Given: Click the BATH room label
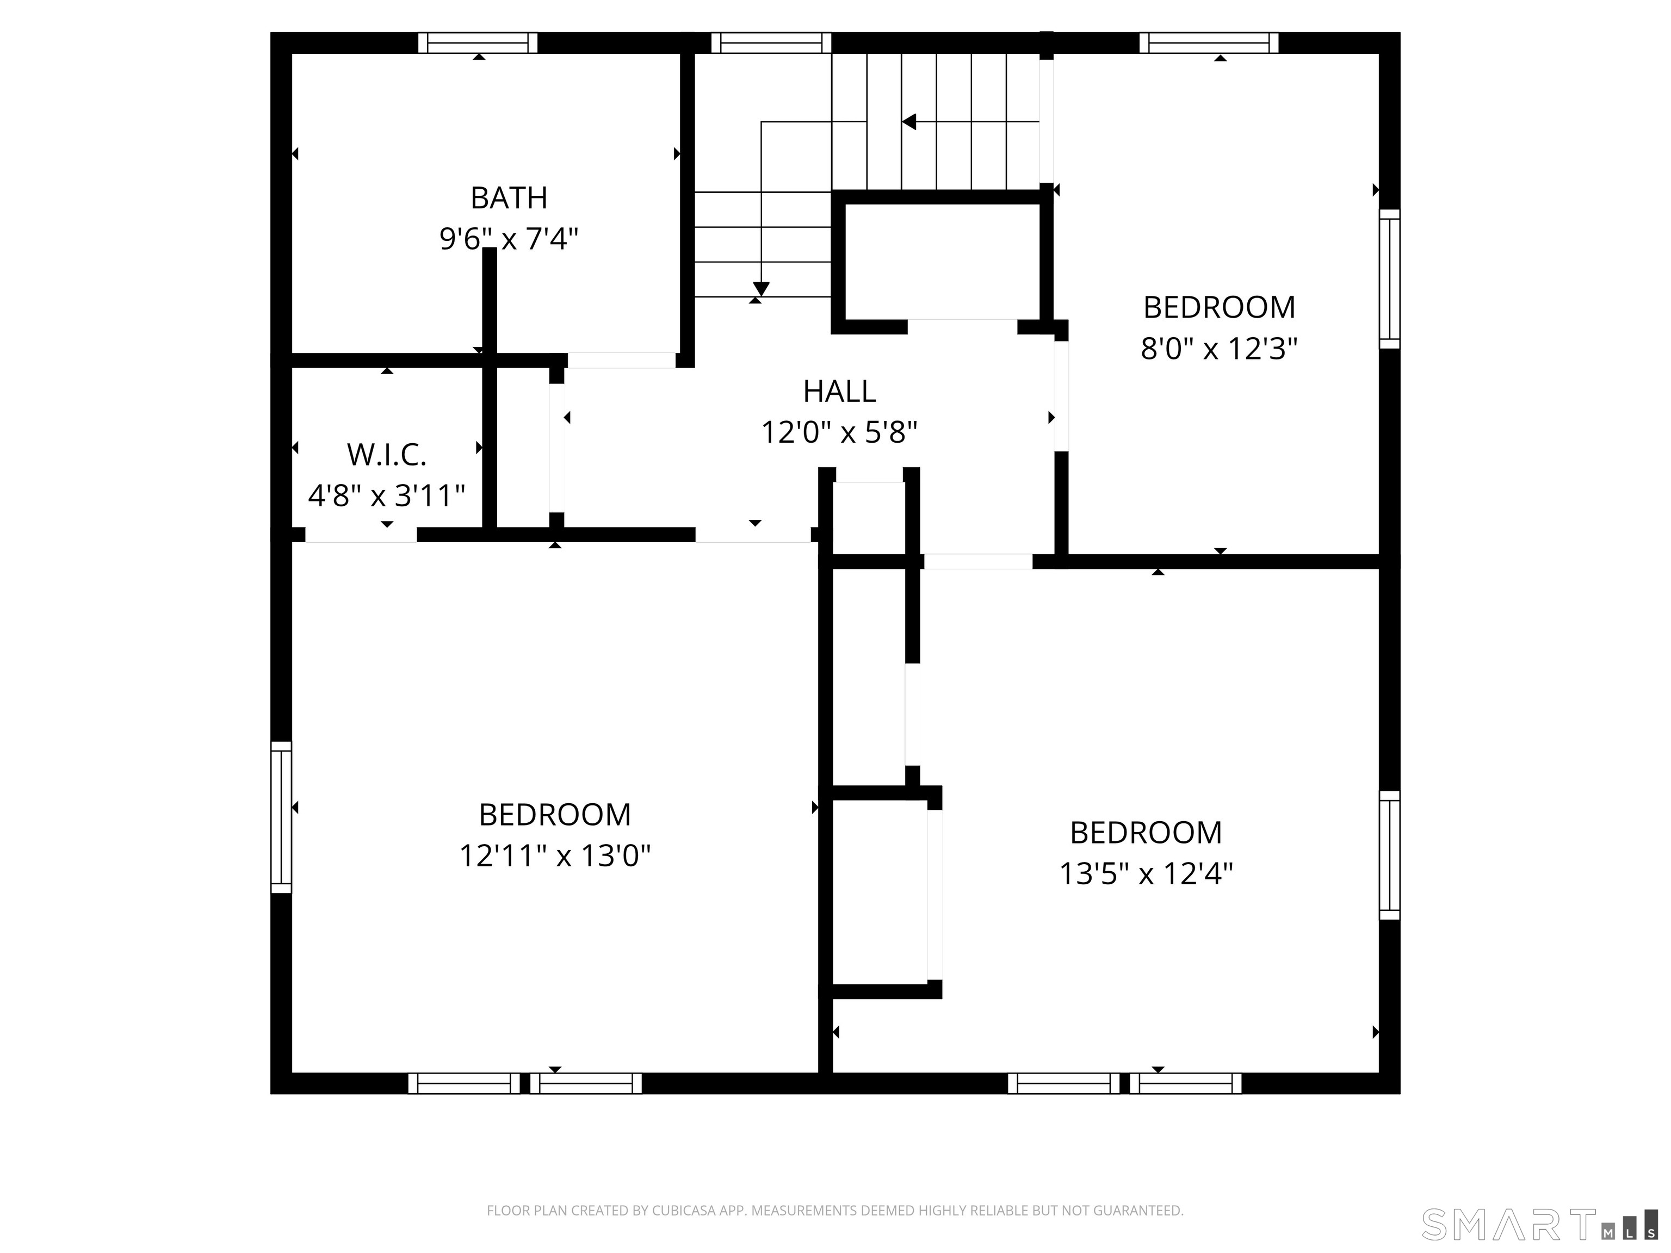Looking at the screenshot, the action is coord(509,198).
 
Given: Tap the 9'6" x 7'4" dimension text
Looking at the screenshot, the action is coord(509,239).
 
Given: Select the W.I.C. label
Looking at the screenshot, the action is coord(387,455).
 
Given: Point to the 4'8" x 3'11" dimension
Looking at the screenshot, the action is coord(386,496).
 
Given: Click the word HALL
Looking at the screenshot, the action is coord(839,391).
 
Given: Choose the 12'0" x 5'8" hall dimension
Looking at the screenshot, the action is coord(839,433).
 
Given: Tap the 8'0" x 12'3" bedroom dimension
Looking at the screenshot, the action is coord(1220,349).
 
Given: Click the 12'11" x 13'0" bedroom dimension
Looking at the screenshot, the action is coord(554,855).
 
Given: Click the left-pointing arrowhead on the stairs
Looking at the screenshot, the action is coord(909,122).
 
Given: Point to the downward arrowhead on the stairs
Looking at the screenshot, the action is coord(761,289).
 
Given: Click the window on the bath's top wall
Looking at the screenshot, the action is coord(478,42).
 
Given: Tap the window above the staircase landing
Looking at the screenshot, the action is coord(771,42).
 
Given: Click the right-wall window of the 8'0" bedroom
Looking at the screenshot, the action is coord(1389,280).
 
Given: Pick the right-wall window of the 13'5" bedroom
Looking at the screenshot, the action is coord(1389,855).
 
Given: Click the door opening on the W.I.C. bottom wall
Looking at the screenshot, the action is coord(361,535).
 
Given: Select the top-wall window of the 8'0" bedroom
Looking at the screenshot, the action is coord(1209,42).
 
